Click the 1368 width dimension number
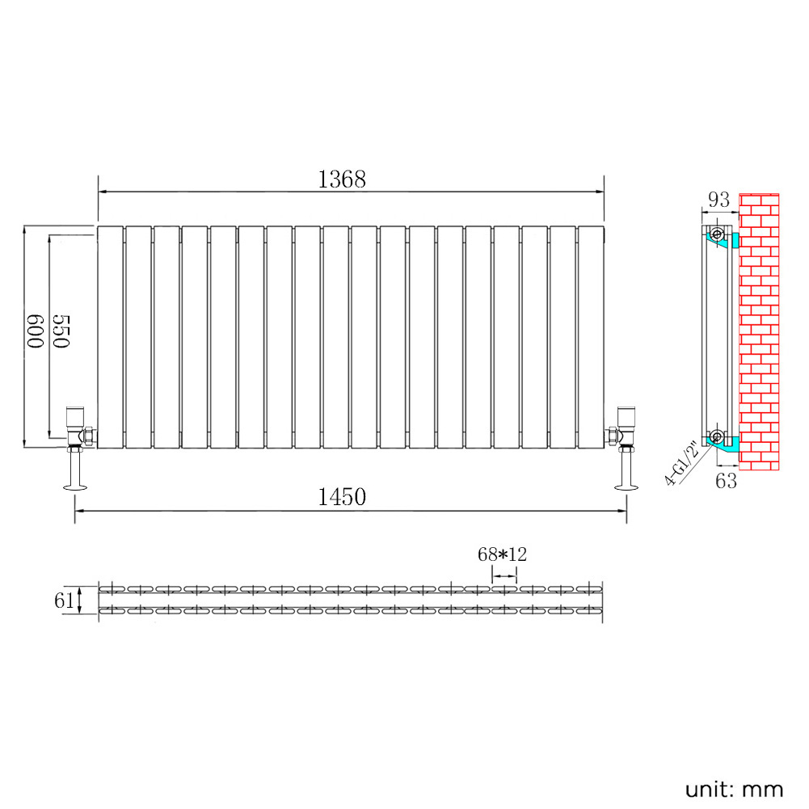pos(342,179)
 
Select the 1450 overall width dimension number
pos(342,497)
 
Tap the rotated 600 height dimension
pos(35,331)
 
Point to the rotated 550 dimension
pos(61,331)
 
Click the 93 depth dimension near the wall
pos(719,199)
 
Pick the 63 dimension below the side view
pos(726,481)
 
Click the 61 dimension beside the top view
pos(64,600)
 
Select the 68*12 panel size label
pos(502,554)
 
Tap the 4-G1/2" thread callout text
pos(681,463)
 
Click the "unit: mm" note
pos(734,790)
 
